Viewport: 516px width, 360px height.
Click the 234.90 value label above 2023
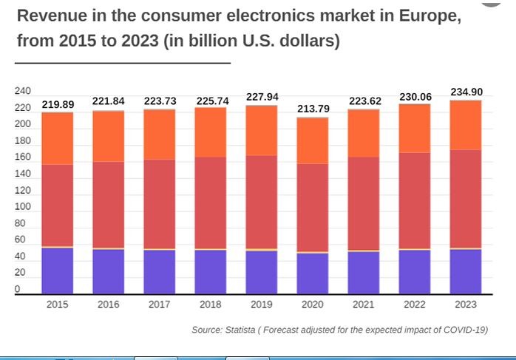466,92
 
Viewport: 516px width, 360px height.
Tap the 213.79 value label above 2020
313,109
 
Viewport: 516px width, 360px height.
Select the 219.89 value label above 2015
58,104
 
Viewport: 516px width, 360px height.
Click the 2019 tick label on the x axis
262,304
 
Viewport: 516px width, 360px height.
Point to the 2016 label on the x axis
109,304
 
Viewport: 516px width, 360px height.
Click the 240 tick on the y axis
22,92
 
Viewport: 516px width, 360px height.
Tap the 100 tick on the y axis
22,207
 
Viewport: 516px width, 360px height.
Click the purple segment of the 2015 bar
58,271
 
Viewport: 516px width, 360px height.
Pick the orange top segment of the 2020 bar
313,140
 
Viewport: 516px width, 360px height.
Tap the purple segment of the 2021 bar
364,273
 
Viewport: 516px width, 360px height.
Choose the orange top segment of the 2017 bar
160,135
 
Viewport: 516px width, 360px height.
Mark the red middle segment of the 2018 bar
211,203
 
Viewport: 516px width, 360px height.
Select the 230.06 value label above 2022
415,97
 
